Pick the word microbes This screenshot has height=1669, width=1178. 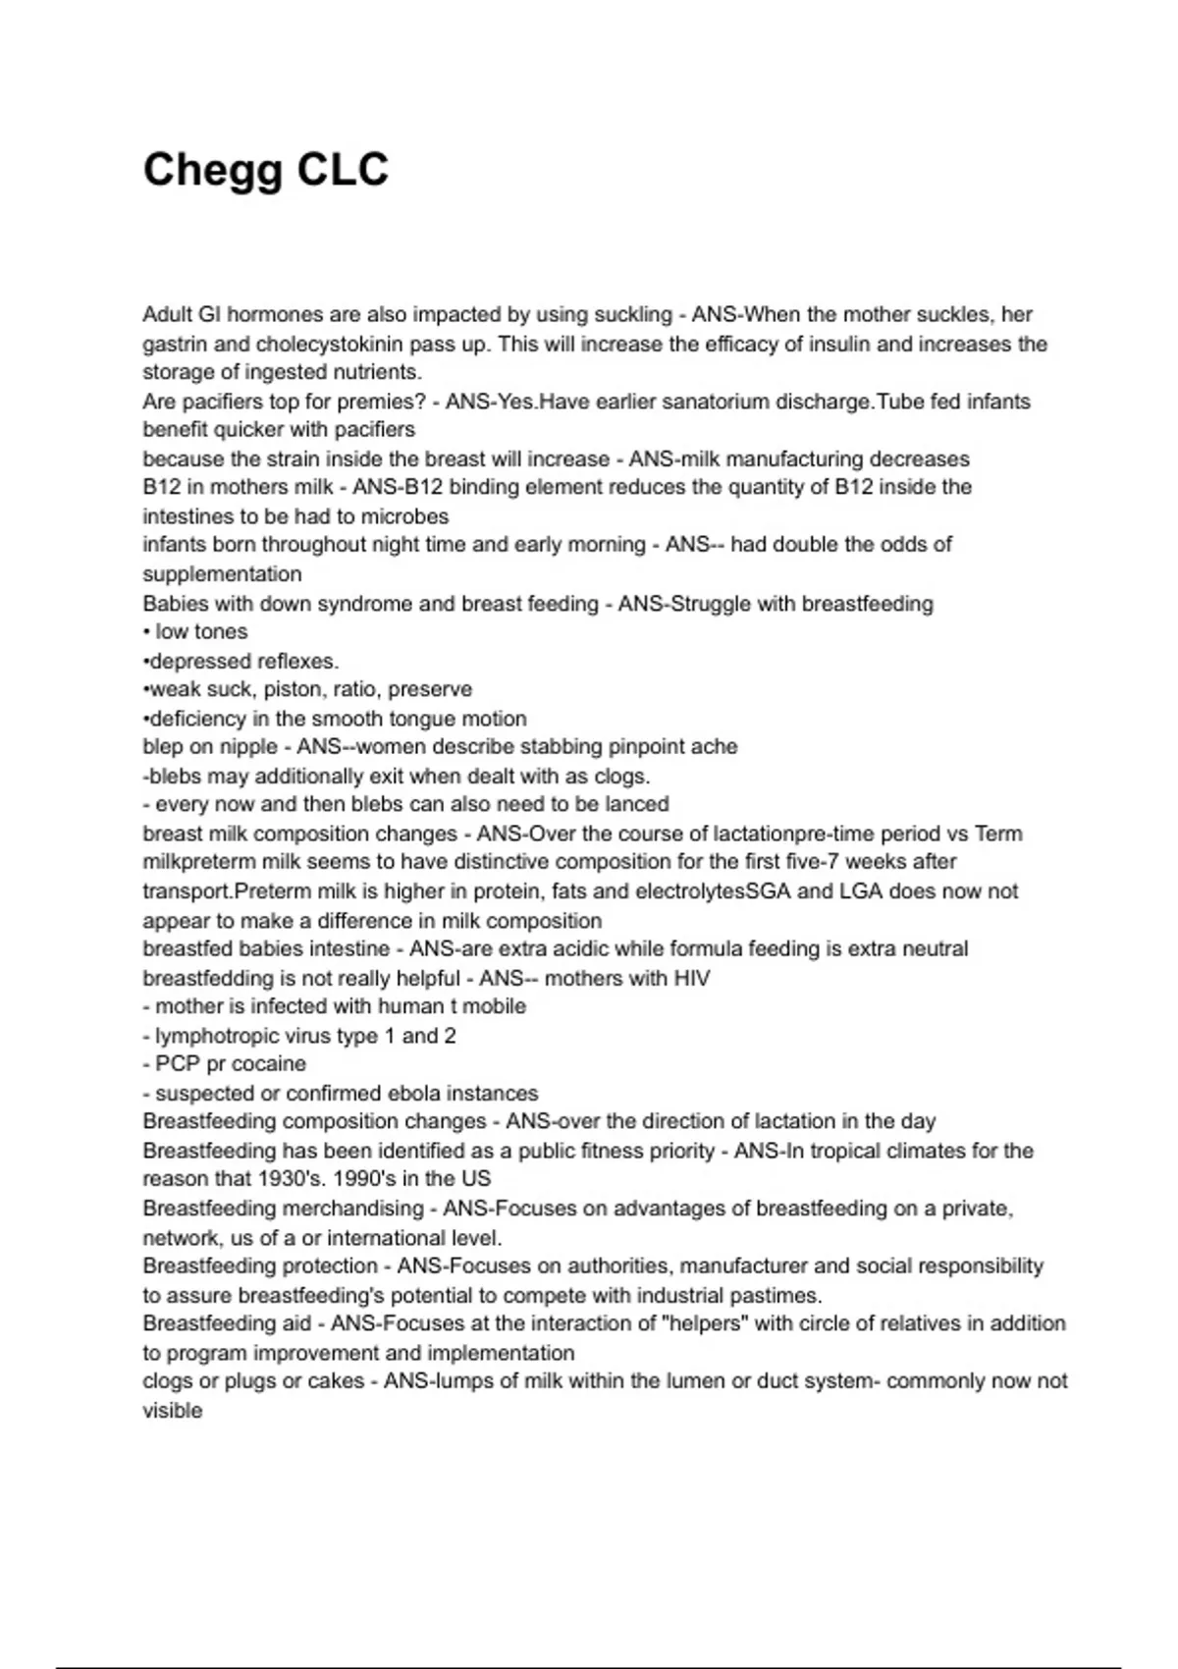(x=405, y=516)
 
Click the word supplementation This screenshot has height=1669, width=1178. (x=222, y=574)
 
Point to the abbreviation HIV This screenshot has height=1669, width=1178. (x=691, y=978)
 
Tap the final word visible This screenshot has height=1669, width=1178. (x=172, y=1411)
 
